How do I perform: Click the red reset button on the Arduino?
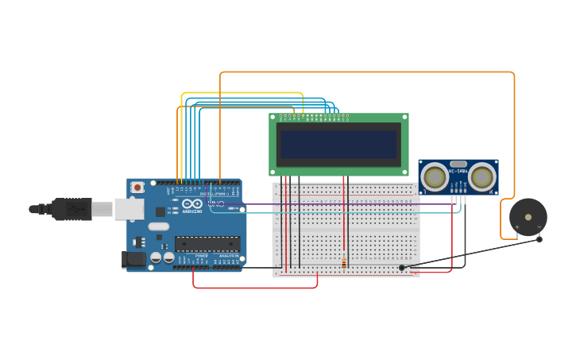pyautogui.click(x=137, y=188)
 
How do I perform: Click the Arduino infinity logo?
pyautogui.click(x=191, y=204)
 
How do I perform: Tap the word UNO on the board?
pyautogui.click(x=215, y=204)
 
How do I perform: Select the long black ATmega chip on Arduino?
pyautogui.click(x=207, y=243)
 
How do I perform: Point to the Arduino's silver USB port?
pyautogui.click(x=128, y=209)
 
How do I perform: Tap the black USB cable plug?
pyautogui.click(x=72, y=209)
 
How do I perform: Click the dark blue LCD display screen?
pyautogui.click(x=338, y=144)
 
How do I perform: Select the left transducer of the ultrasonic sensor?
pyautogui.click(x=435, y=176)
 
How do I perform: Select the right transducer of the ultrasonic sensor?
pyautogui.click(x=481, y=176)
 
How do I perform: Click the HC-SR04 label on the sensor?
pyautogui.click(x=458, y=171)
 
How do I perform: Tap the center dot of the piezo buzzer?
pyautogui.click(x=528, y=216)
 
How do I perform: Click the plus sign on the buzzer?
pyautogui.click(x=517, y=228)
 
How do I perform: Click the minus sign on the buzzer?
pyautogui.click(x=539, y=228)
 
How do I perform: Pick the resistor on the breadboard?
pyautogui.click(x=344, y=261)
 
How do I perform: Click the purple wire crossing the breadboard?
pyautogui.click(x=334, y=204)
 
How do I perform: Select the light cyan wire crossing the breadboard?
pyautogui.click(x=334, y=212)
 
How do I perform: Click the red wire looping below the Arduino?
pyautogui.click(x=254, y=288)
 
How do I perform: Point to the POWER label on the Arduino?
pyautogui.click(x=202, y=256)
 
